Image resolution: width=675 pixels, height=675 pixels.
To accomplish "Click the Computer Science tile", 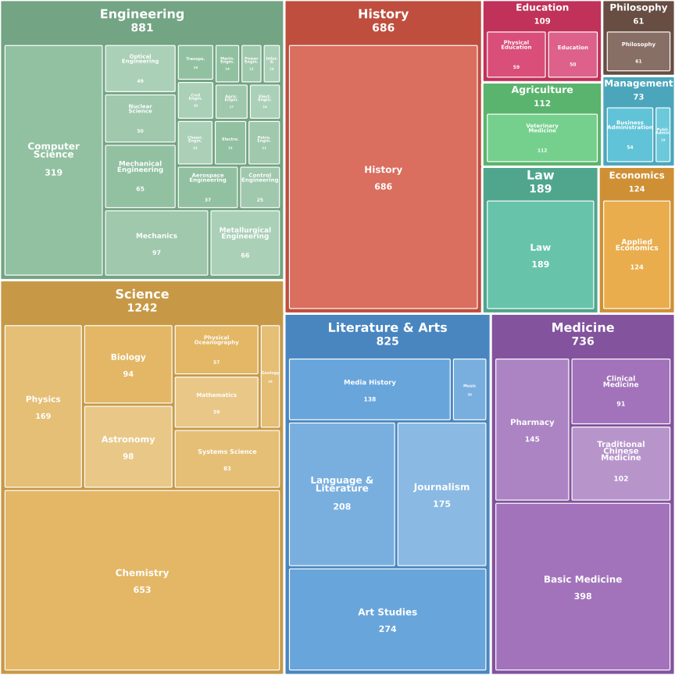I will [53, 159].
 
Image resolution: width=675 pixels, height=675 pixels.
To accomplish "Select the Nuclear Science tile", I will [140, 119].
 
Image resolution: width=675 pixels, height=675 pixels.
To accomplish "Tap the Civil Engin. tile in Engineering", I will [195, 100].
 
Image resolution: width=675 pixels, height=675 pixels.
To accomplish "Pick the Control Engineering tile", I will [259, 187].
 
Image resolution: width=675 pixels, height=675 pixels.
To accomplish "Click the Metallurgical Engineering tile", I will [245, 242].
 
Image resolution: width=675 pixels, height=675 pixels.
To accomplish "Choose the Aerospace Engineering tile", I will [207, 187].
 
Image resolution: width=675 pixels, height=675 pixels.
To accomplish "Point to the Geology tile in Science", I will [270, 376].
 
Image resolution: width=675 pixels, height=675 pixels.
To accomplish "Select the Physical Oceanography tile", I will [216, 349].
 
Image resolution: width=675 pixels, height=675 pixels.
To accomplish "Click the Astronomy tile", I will [128, 446].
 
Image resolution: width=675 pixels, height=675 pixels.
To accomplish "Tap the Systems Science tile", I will [227, 459].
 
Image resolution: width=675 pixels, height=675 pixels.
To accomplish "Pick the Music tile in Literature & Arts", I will [470, 389].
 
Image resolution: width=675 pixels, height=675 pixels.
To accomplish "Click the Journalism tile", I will [441, 494].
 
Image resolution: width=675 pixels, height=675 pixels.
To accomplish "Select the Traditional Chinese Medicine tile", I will [620, 462].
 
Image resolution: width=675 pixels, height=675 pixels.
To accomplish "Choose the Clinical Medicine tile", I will [620, 391].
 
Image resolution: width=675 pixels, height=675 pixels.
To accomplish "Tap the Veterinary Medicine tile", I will [541, 137].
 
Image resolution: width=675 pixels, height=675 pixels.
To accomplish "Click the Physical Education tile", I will [516, 54].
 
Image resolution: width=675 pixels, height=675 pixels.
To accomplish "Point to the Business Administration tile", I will [630, 134].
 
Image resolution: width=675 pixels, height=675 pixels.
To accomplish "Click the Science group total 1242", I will [142, 308].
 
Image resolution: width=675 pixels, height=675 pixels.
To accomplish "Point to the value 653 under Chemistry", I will [142, 590].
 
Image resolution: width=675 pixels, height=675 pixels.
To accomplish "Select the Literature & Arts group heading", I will [387, 327].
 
